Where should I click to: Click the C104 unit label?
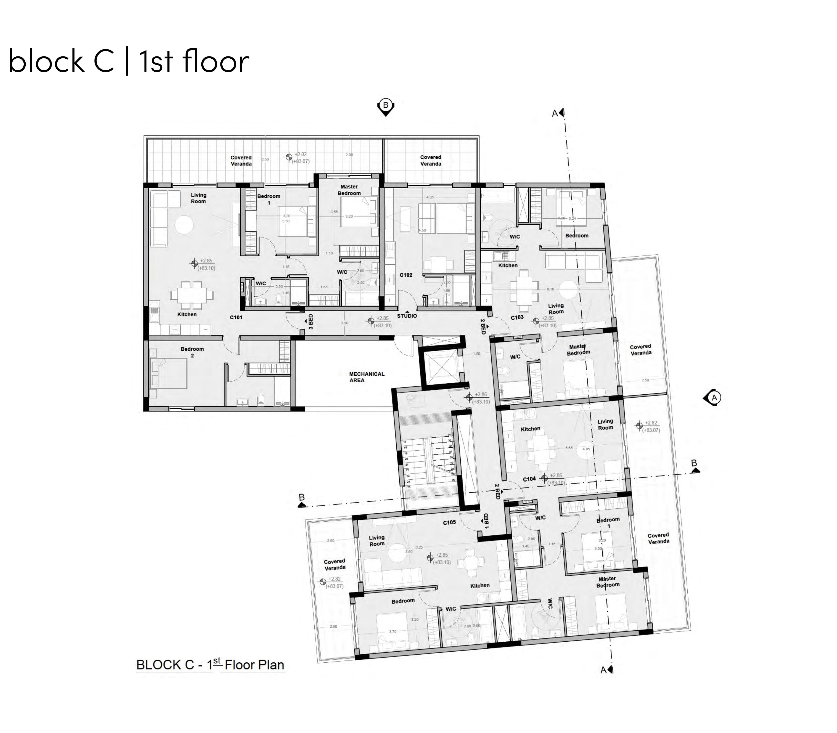tap(529, 479)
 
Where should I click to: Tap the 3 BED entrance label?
tap(310, 322)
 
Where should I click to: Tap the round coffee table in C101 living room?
tap(184, 225)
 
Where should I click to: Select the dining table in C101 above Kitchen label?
tap(192, 294)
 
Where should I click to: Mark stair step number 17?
tap(405, 442)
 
